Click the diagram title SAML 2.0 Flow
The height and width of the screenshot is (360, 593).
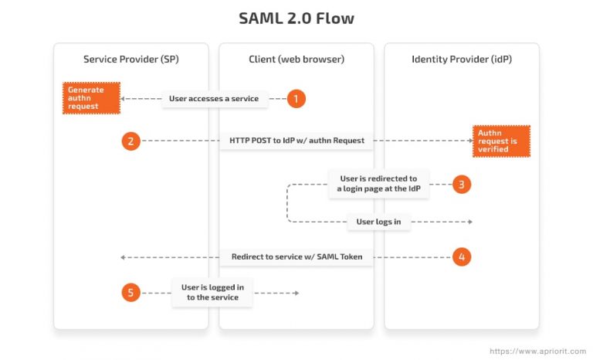coord(296,18)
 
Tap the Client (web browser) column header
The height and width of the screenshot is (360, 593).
coord(296,59)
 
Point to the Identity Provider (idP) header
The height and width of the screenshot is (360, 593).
coord(462,59)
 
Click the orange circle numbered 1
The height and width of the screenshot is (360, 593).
coord(296,99)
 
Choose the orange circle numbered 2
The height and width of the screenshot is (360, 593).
coord(131,141)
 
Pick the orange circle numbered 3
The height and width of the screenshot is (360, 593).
coord(462,185)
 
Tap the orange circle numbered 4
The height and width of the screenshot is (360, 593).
coord(462,256)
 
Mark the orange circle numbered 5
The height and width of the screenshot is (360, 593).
coord(131,292)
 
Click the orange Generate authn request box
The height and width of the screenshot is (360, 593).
coord(91,99)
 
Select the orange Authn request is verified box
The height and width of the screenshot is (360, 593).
coord(501,141)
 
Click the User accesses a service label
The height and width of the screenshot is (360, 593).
coord(215,99)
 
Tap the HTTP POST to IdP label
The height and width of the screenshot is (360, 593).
coord(296,141)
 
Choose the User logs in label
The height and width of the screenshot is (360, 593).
coord(378,222)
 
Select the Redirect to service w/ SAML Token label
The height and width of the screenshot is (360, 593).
coord(296,256)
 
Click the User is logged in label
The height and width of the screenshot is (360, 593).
coord(212,292)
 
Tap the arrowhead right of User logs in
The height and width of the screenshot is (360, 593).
coord(469,222)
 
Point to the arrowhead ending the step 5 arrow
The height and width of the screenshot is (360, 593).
coord(296,293)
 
